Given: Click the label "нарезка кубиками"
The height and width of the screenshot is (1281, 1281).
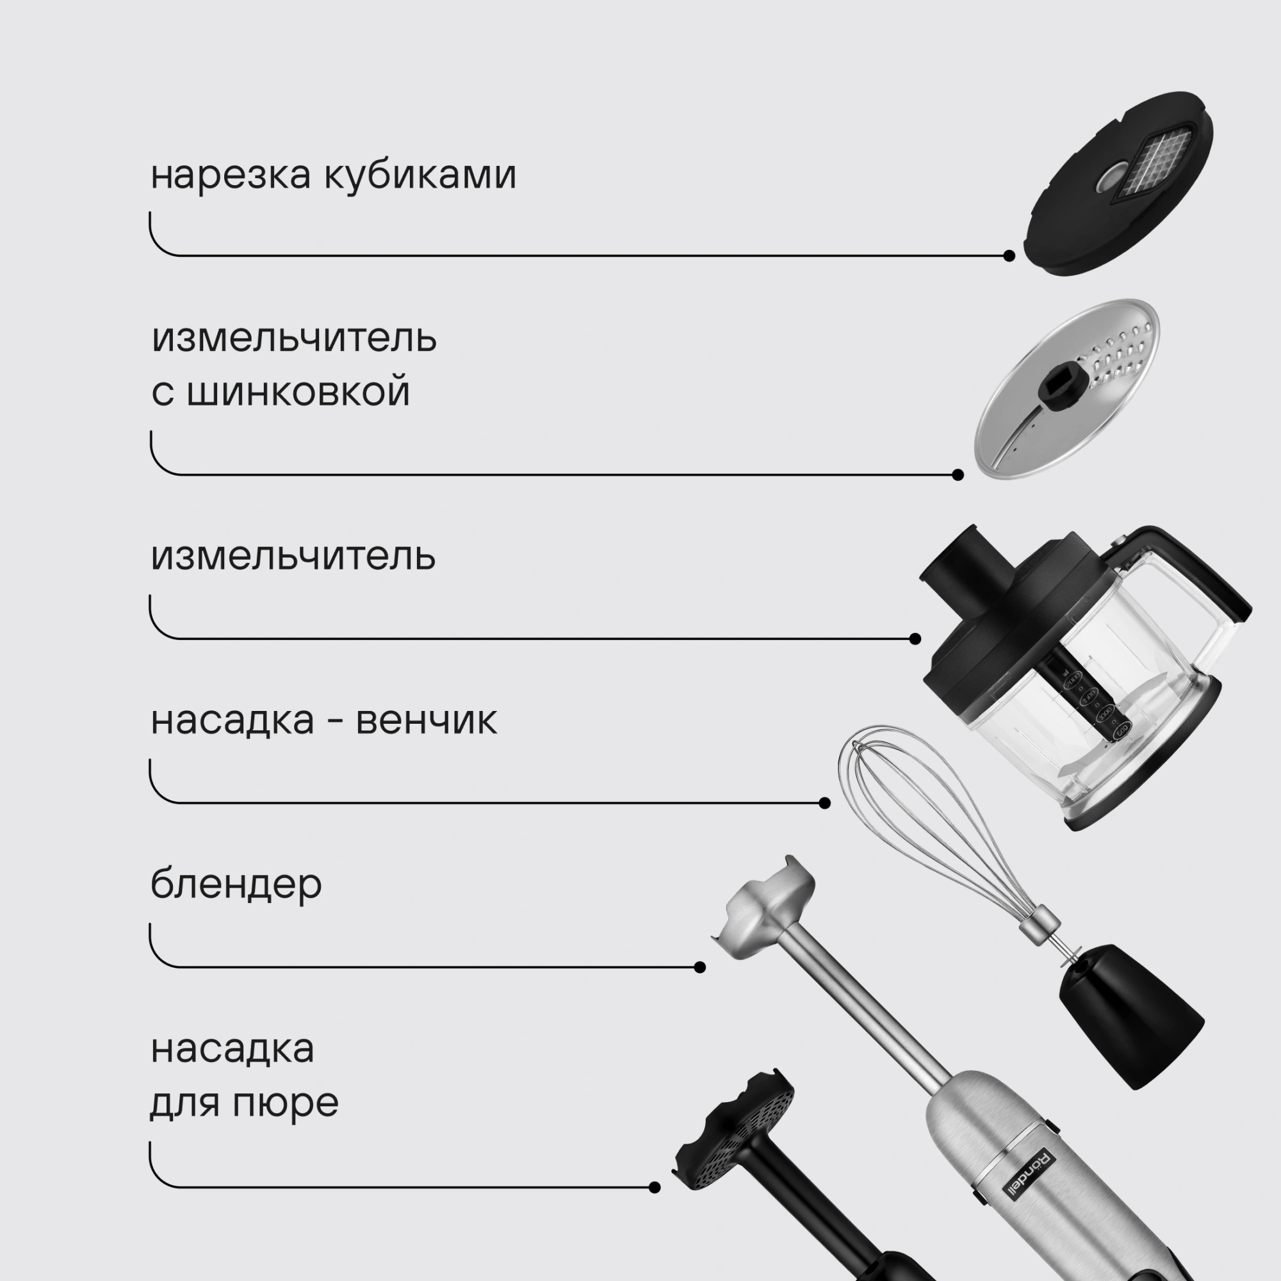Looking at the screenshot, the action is tap(333, 175).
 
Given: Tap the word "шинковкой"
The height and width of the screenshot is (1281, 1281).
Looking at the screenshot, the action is tap(298, 392).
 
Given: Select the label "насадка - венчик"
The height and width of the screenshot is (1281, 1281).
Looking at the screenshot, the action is tap(323, 720).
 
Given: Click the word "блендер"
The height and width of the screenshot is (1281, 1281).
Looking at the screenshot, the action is tap(236, 885).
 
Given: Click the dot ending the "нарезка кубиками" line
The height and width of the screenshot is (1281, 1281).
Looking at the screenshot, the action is tap(1009, 256).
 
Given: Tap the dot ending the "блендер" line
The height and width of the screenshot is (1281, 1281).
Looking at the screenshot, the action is tap(699, 967).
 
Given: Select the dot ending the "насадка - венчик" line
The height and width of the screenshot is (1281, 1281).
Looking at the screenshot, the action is tap(825, 803).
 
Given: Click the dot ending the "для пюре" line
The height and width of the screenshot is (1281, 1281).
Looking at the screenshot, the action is tap(655, 1187).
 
